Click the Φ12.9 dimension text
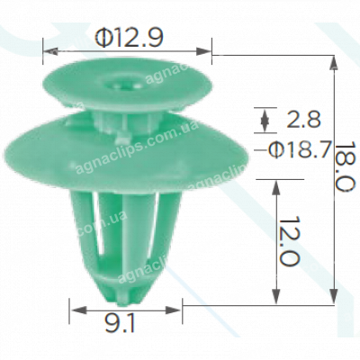[x=126, y=38]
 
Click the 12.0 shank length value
[x=287, y=242]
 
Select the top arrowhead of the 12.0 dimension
[x=274, y=181]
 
